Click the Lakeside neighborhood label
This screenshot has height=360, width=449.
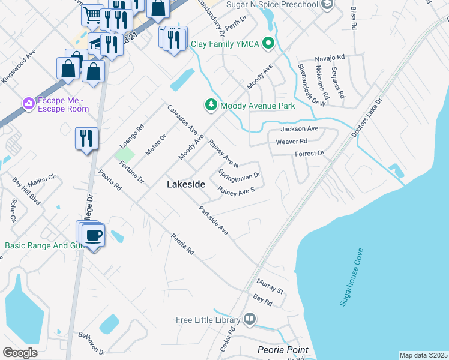186,186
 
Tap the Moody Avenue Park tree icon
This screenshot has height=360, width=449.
211,106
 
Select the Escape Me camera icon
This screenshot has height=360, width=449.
28,104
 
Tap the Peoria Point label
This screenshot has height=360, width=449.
282,350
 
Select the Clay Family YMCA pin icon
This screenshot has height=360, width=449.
268,43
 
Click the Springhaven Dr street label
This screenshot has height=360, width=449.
239,176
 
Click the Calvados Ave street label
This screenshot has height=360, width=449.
182,119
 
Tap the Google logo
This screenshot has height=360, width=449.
20,352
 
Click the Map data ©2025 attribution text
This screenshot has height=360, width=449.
423,355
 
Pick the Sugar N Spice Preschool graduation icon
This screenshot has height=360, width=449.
327,5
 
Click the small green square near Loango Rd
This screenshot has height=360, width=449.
125,153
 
